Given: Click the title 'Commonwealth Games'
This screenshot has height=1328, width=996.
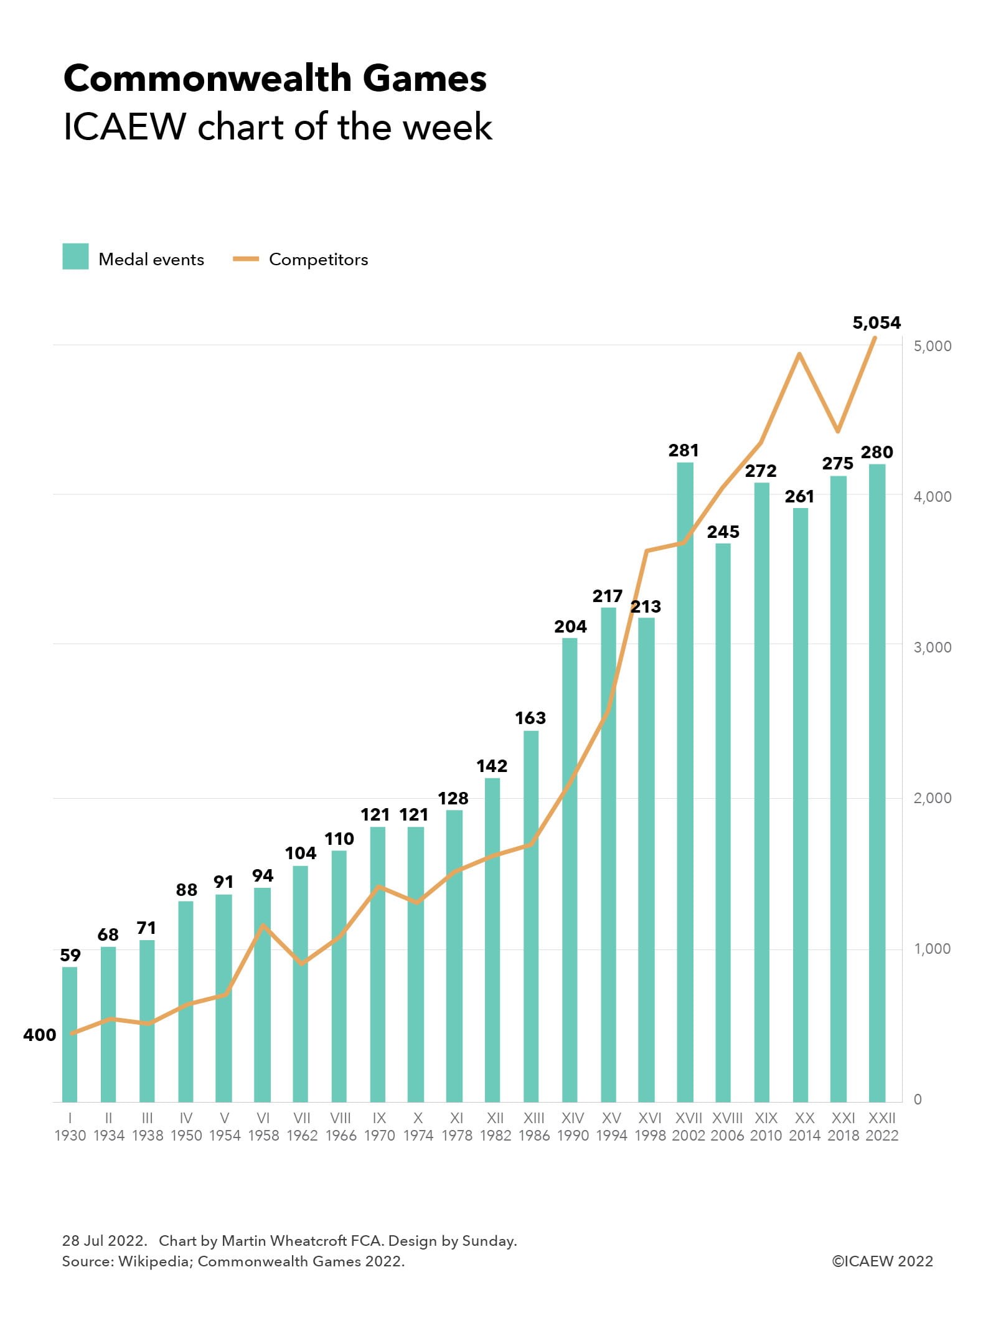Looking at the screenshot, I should point(275,78).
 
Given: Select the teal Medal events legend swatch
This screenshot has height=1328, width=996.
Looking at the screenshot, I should point(75,257).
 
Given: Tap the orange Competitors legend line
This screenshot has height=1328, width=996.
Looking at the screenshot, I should point(245,259).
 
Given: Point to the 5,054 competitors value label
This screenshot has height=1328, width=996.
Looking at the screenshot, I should point(876,323).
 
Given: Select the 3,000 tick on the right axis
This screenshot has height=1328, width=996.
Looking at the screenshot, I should point(932,647).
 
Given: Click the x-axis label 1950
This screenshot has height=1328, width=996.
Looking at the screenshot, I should point(186,1135).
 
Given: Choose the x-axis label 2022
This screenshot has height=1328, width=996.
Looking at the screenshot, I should point(881,1135).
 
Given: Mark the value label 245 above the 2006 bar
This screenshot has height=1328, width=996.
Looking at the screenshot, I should point(723,532).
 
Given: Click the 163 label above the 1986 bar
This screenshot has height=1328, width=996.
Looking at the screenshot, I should point(530,718).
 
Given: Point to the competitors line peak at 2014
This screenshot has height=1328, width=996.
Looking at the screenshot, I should point(799,354).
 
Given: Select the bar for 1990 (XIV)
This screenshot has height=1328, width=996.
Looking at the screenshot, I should point(569,872).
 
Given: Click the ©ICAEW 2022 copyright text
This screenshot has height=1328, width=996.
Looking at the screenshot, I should point(882,1261).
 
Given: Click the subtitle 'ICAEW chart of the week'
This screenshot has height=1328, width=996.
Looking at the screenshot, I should point(278,127).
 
